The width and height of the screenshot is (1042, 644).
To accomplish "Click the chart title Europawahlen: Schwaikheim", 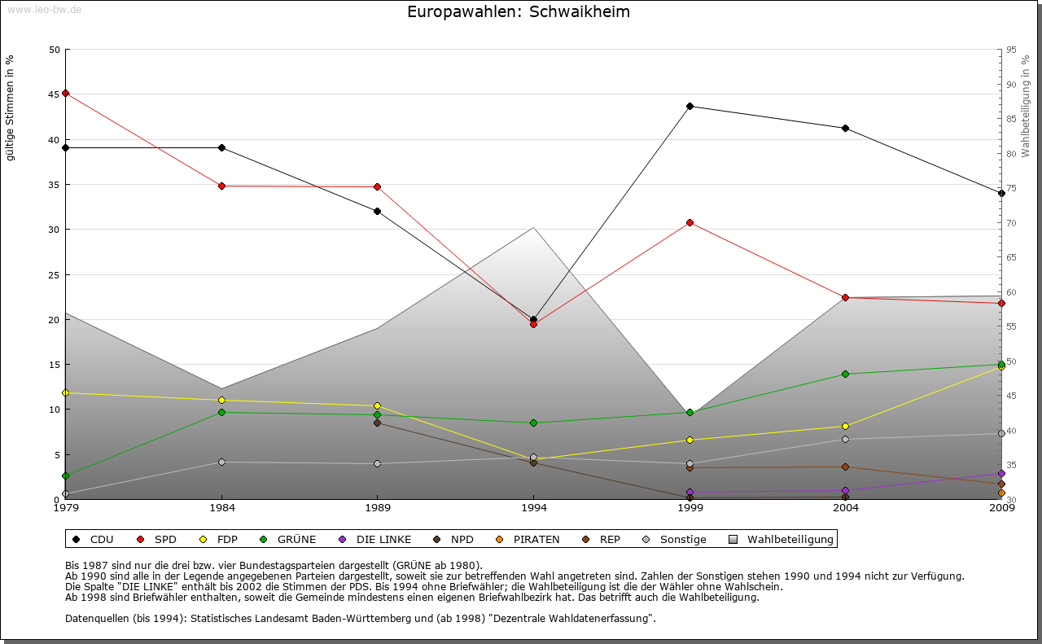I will [x=519, y=12].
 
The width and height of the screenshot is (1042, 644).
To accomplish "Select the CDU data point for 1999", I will [x=690, y=106].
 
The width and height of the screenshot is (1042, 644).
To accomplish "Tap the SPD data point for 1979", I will [x=65, y=93].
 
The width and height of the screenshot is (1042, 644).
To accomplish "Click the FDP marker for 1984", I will [x=221, y=400].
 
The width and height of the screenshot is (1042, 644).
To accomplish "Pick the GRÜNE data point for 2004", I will [x=846, y=374].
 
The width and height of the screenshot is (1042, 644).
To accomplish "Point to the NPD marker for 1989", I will [x=378, y=423].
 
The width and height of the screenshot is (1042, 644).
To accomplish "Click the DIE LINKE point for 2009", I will [x=1001, y=473].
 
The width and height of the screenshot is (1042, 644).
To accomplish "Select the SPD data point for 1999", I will [x=690, y=222].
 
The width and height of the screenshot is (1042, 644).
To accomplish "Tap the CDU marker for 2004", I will [x=846, y=128].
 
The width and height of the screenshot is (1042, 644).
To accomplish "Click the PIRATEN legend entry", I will [x=528, y=539].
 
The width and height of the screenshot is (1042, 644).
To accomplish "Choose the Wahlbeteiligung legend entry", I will [x=782, y=539].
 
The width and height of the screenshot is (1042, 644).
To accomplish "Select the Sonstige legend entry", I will [x=675, y=539].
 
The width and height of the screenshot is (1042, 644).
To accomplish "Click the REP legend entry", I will [x=602, y=539].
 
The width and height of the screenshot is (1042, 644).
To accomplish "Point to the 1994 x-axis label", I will [x=534, y=509].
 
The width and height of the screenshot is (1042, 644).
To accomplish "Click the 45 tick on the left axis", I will [x=55, y=94].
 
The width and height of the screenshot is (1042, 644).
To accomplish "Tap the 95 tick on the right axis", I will [x=1011, y=50].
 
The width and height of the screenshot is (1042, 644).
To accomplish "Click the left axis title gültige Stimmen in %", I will [x=10, y=107].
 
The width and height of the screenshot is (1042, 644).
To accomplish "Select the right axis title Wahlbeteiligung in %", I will [x=1026, y=107].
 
